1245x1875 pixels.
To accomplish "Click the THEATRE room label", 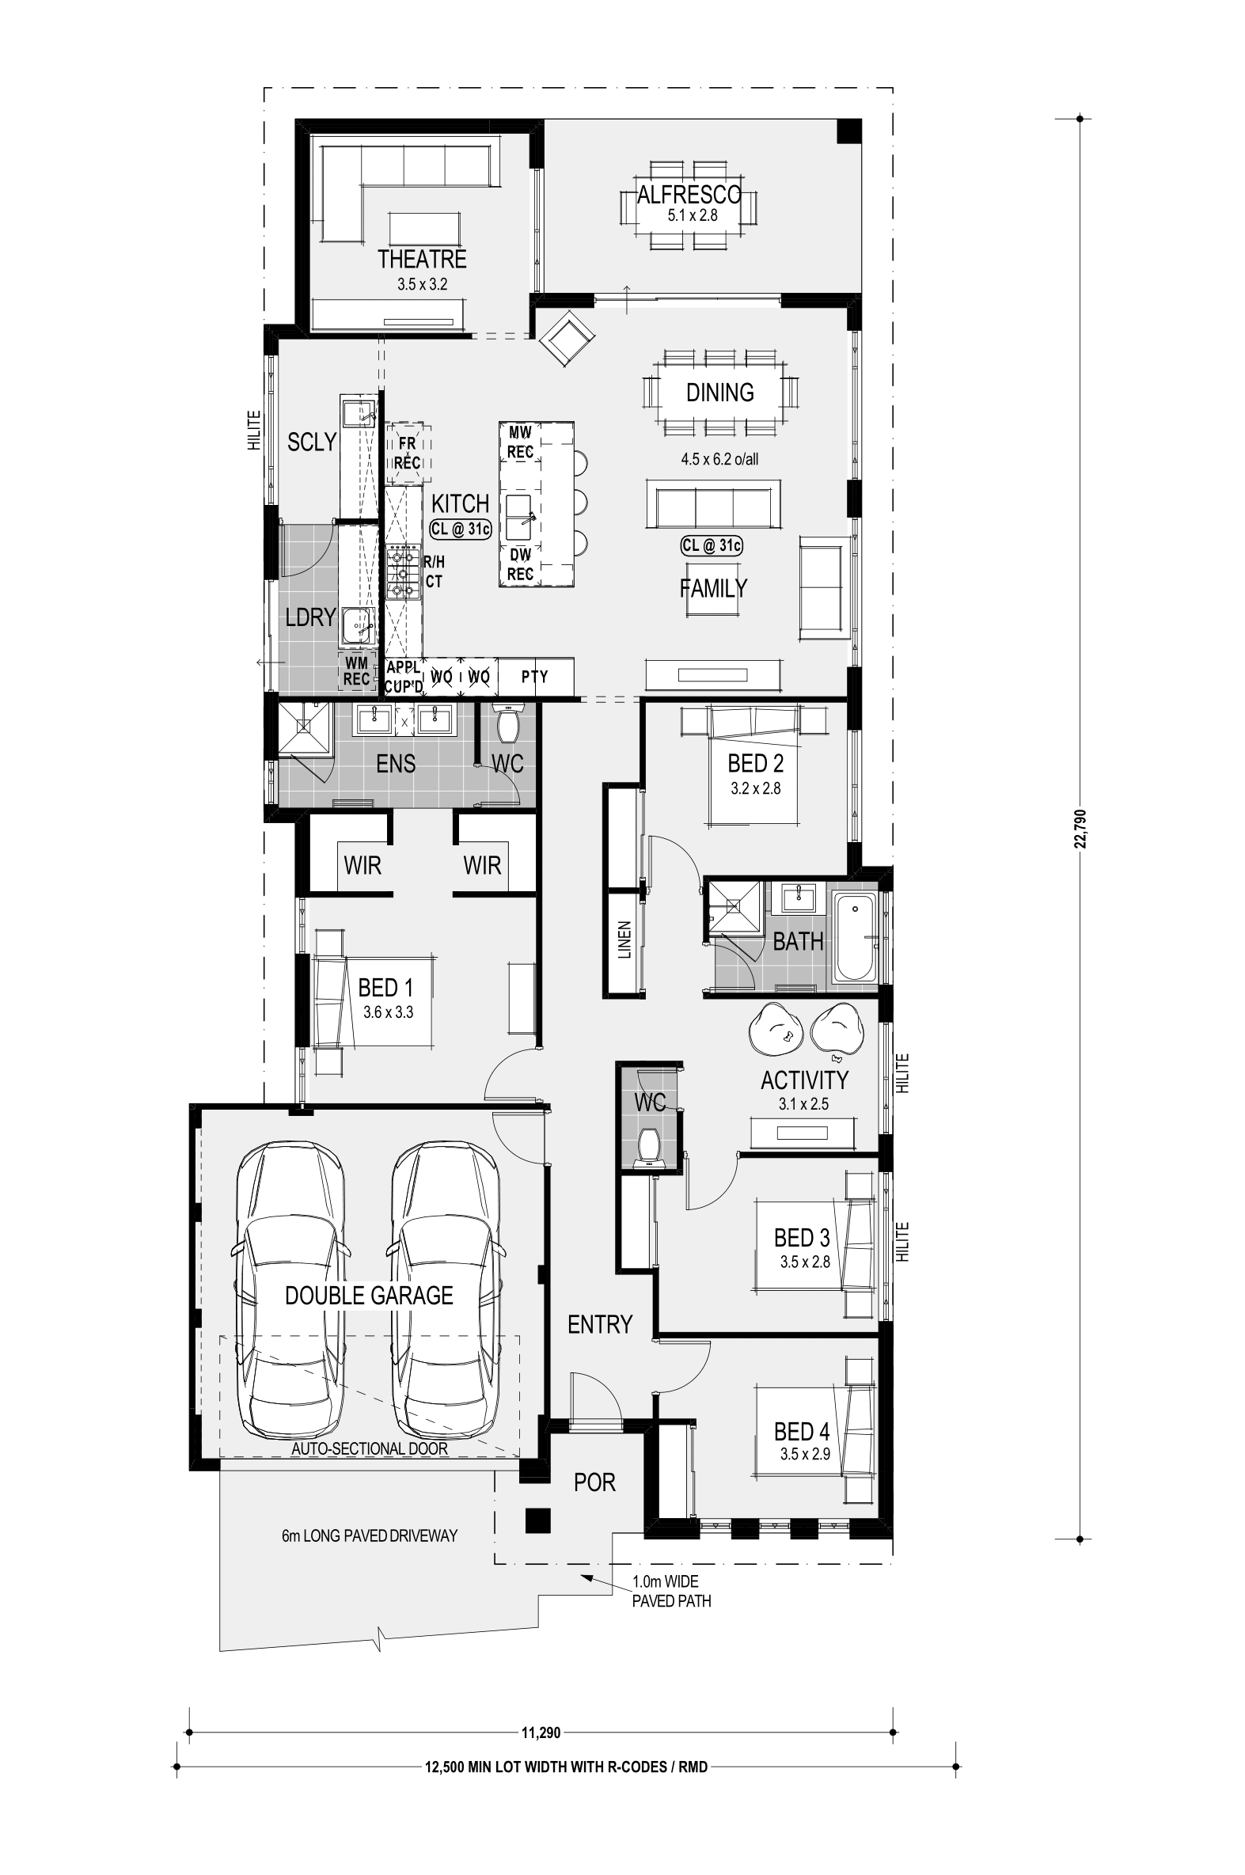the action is click(x=422, y=259).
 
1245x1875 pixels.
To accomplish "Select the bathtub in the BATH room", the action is click(x=854, y=937).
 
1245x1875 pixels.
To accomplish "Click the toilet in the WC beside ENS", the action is click(x=506, y=722).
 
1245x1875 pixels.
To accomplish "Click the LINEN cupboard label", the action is click(x=624, y=940).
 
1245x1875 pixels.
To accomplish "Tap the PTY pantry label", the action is click(x=534, y=677).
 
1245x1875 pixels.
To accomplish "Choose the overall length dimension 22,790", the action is click(x=1080, y=829).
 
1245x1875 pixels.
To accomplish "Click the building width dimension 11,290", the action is click(x=541, y=1732).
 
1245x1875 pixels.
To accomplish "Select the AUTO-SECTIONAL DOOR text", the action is click(x=369, y=1448).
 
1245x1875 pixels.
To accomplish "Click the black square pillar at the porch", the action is click(x=537, y=1520).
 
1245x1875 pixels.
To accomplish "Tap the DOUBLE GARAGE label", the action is click(x=368, y=1296).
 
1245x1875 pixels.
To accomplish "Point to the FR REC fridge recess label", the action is click(x=408, y=454).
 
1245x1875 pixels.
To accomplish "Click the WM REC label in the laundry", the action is click(x=356, y=670).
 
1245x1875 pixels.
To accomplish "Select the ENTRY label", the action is click(x=599, y=1324).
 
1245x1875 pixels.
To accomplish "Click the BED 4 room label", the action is click(x=802, y=1431).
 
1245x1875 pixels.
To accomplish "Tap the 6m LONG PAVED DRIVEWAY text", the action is click(x=369, y=1535).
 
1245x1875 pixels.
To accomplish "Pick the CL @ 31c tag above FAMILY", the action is click(x=712, y=545).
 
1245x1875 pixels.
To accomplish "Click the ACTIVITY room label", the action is click(x=804, y=1080).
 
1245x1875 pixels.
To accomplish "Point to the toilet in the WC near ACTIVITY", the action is click(x=650, y=1147).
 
